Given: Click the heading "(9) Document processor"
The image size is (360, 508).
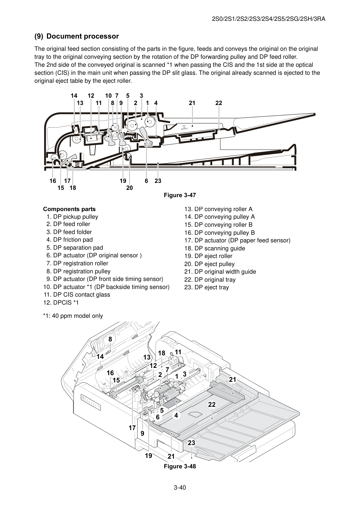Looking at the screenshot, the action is point(77,36).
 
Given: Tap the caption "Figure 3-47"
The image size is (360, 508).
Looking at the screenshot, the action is point(180,195).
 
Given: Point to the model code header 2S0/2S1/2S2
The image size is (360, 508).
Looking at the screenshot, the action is point(269,19).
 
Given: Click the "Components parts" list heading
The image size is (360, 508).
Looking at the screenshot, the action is point(70,209).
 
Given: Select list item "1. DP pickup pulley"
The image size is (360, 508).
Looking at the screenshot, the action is point(72,217).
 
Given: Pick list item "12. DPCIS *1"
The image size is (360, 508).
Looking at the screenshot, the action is point(61,303).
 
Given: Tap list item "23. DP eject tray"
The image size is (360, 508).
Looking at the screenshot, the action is point(207,287).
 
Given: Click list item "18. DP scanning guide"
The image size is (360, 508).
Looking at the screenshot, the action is point(215,248).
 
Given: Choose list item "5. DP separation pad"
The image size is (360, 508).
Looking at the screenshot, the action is point(75,248).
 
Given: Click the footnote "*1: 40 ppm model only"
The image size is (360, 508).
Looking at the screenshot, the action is point(73,316).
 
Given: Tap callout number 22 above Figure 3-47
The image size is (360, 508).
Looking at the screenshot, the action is point(219,103).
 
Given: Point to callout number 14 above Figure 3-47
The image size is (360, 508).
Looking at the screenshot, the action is point(74,96).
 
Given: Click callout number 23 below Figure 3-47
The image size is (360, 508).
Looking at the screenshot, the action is point(158,181).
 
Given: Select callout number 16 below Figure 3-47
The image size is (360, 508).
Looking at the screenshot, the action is point(53,181).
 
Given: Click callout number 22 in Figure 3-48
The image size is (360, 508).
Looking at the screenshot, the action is point(212,405).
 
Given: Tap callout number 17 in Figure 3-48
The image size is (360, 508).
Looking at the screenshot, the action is point(132,428).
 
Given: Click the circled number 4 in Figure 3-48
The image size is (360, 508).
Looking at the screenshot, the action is point(176,416).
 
